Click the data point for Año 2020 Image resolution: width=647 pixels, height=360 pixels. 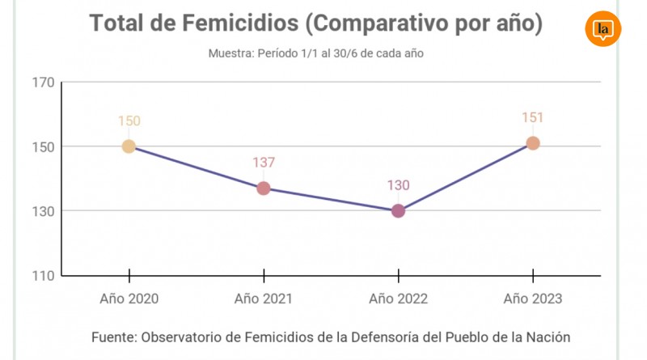pyautogui.click(x=129, y=146)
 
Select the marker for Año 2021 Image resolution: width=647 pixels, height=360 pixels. pyautogui.click(x=264, y=188)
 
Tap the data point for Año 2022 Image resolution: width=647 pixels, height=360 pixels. pyautogui.click(x=398, y=211)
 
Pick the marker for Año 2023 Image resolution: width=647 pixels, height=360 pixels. pyautogui.click(x=533, y=143)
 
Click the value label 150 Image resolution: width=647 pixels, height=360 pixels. pyautogui.click(x=129, y=121)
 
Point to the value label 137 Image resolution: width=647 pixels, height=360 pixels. pyautogui.click(x=264, y=163)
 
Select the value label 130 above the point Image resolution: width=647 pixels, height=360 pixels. pyautogui.click(x=398, y=185)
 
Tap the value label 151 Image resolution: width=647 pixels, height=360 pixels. pyautogui.click(x=533, y=118)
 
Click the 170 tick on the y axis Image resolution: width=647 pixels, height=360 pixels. pyautogui.click(x=44, y=82)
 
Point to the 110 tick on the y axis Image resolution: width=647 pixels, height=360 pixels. pyautogui.click(x=44, y=276)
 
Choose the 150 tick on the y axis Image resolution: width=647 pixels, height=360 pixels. pyautogui.click(x=44, y=146)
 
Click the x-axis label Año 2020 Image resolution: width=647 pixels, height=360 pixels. pyautogui.click(x=129, y=299)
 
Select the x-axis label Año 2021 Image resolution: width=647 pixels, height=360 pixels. pyautogui.click(x=264, y=299)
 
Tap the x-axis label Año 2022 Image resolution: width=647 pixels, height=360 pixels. pyautogui.click(x=398, y=299)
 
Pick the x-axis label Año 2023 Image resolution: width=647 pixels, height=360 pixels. pyautogui.click(x=533, y=299)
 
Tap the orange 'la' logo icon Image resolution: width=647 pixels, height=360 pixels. pyautogui.click(x=603, y=30)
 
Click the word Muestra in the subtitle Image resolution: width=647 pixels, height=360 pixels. pyautogui.click(x=231, y=53)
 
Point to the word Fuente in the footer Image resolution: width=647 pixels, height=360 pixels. pyautogui.click(x=114, y=337)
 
